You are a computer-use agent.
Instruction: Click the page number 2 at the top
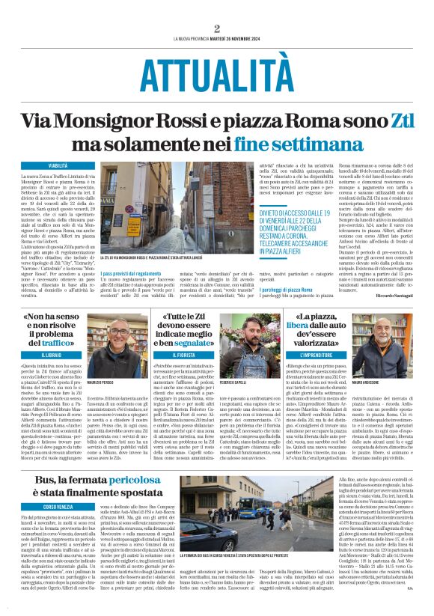coord(216,28)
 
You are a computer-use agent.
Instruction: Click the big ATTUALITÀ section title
coord(216,73)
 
